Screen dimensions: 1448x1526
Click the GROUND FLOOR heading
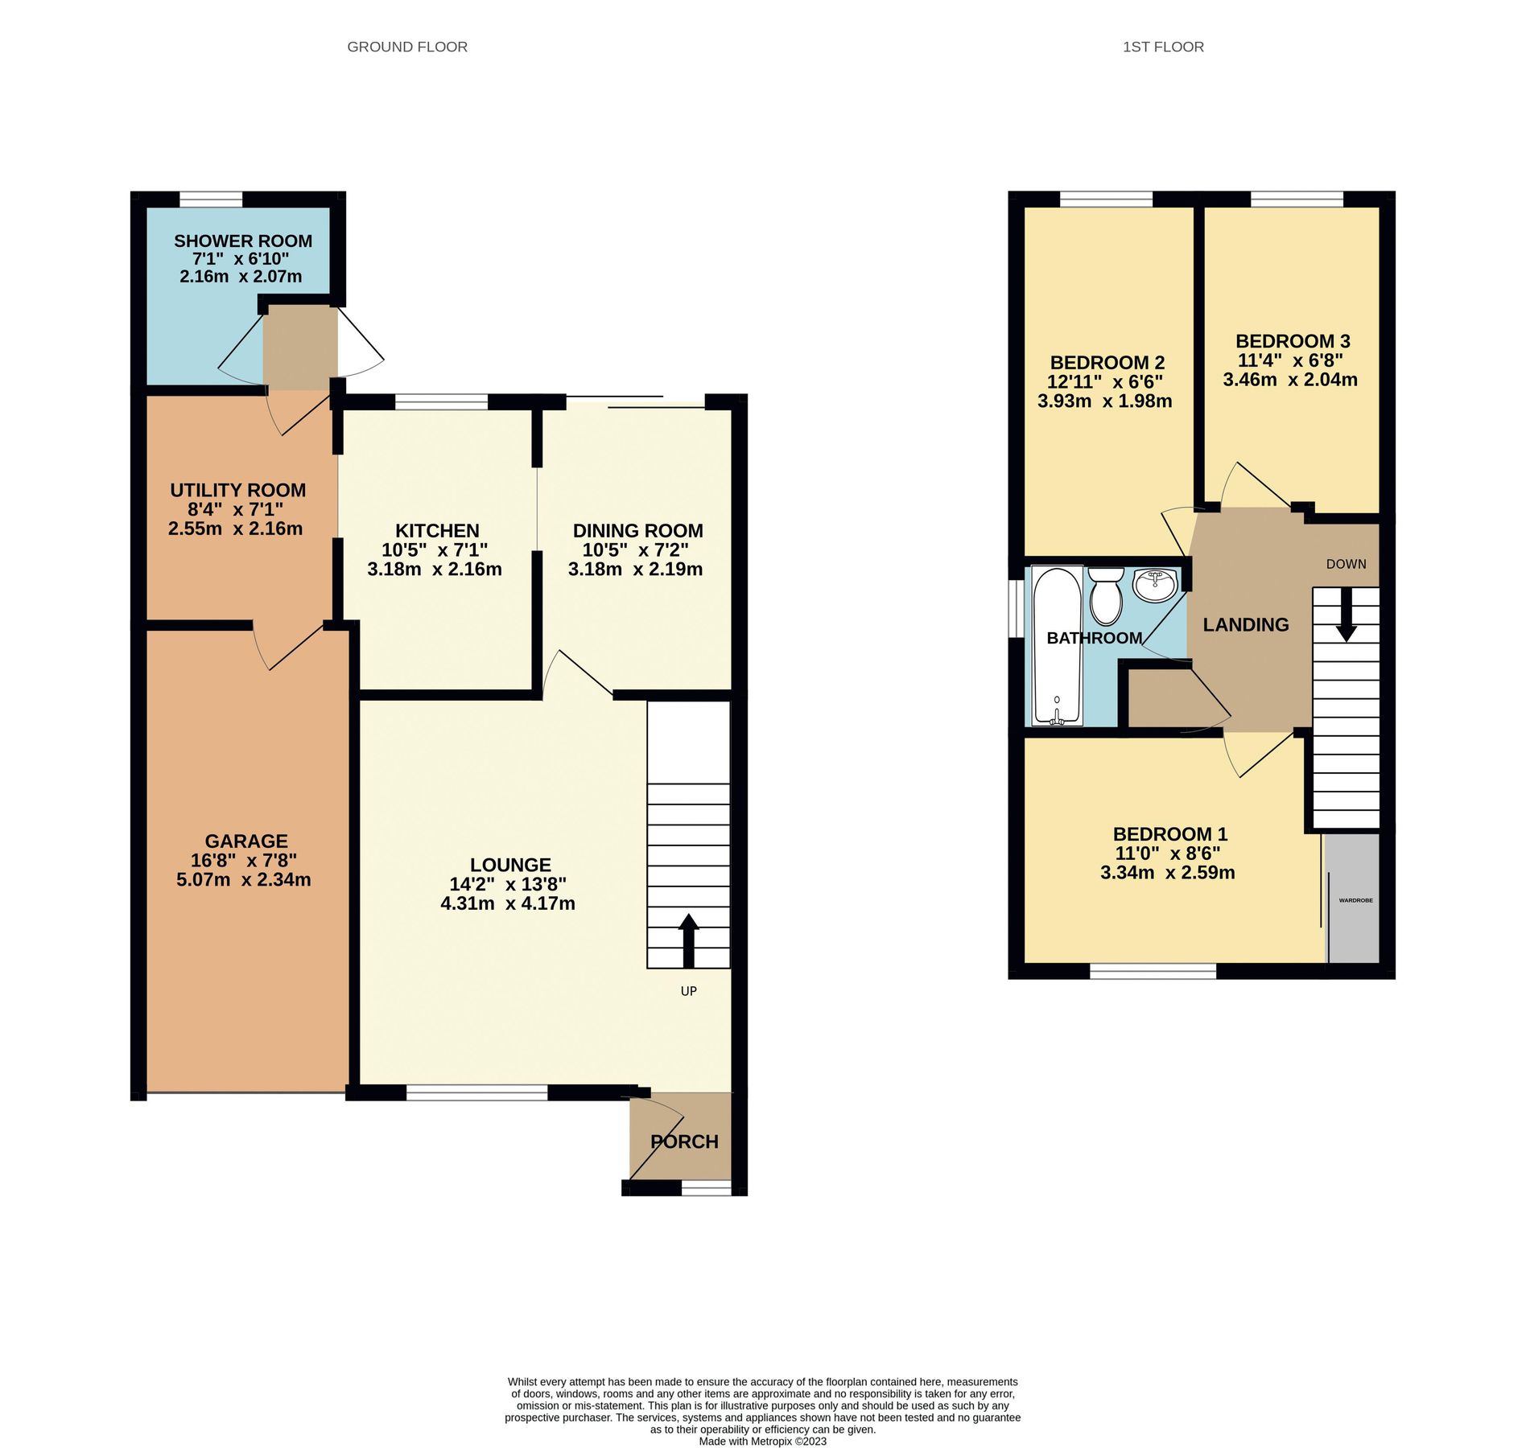(406, 47)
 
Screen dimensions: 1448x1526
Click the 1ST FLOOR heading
(1162, 47)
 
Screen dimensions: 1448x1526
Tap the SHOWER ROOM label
(242, 241)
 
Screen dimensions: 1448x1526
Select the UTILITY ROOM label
(237, 490)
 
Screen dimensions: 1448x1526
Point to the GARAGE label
(245, 841)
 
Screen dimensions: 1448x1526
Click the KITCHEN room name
(436, 530)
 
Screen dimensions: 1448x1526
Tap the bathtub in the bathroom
(1056, 646)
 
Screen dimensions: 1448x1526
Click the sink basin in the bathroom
(1156, 584)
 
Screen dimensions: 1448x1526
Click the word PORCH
(684, 1142)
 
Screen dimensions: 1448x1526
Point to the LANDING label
(1245, 624)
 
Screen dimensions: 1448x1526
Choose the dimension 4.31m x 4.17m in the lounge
(507, 903)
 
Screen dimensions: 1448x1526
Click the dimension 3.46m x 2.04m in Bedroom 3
(1289, 380)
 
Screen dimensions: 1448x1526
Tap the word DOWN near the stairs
(1346, 564)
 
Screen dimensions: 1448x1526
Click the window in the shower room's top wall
(210, 199)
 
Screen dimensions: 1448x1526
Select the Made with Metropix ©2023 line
(762, 1441)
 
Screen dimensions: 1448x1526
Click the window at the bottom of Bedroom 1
(1152, 971)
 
